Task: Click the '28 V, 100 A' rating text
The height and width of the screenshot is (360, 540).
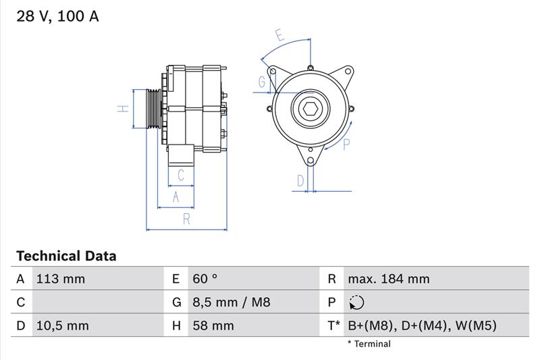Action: pos(57,16)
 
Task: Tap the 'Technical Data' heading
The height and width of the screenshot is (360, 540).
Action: pos(66,256)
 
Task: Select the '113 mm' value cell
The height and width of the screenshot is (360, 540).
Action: pos(61,279)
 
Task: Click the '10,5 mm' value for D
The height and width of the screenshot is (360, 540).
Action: pos(62,326)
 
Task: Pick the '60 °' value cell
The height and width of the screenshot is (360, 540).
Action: pos(205,279)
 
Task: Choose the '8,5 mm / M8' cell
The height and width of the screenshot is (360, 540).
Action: pos(232,302)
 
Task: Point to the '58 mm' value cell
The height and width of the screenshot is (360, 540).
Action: pos(213,326)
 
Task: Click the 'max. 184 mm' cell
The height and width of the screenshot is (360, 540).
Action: pos(389,279)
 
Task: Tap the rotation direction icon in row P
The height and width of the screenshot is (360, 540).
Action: pos(356,303)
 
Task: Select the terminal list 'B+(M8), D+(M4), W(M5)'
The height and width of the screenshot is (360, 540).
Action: pos(423,326)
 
